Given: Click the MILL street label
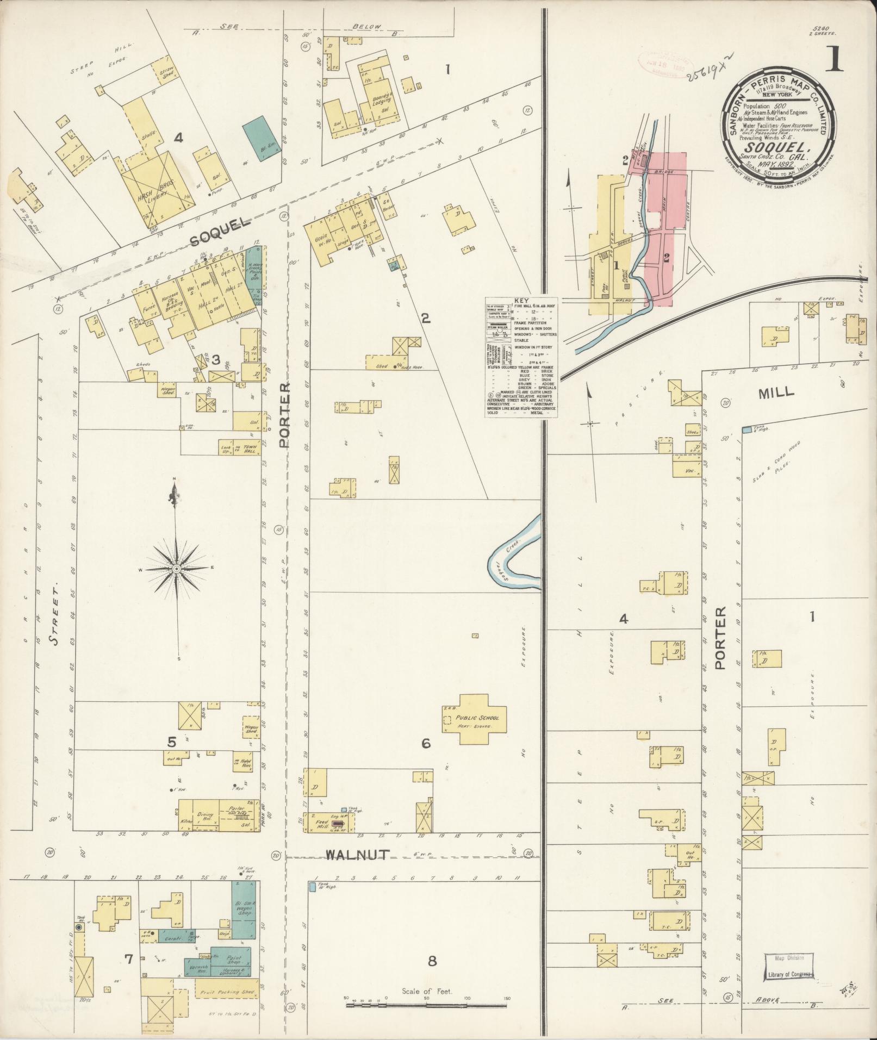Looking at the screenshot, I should [779, 391].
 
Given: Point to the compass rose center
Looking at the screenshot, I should [176, 569].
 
